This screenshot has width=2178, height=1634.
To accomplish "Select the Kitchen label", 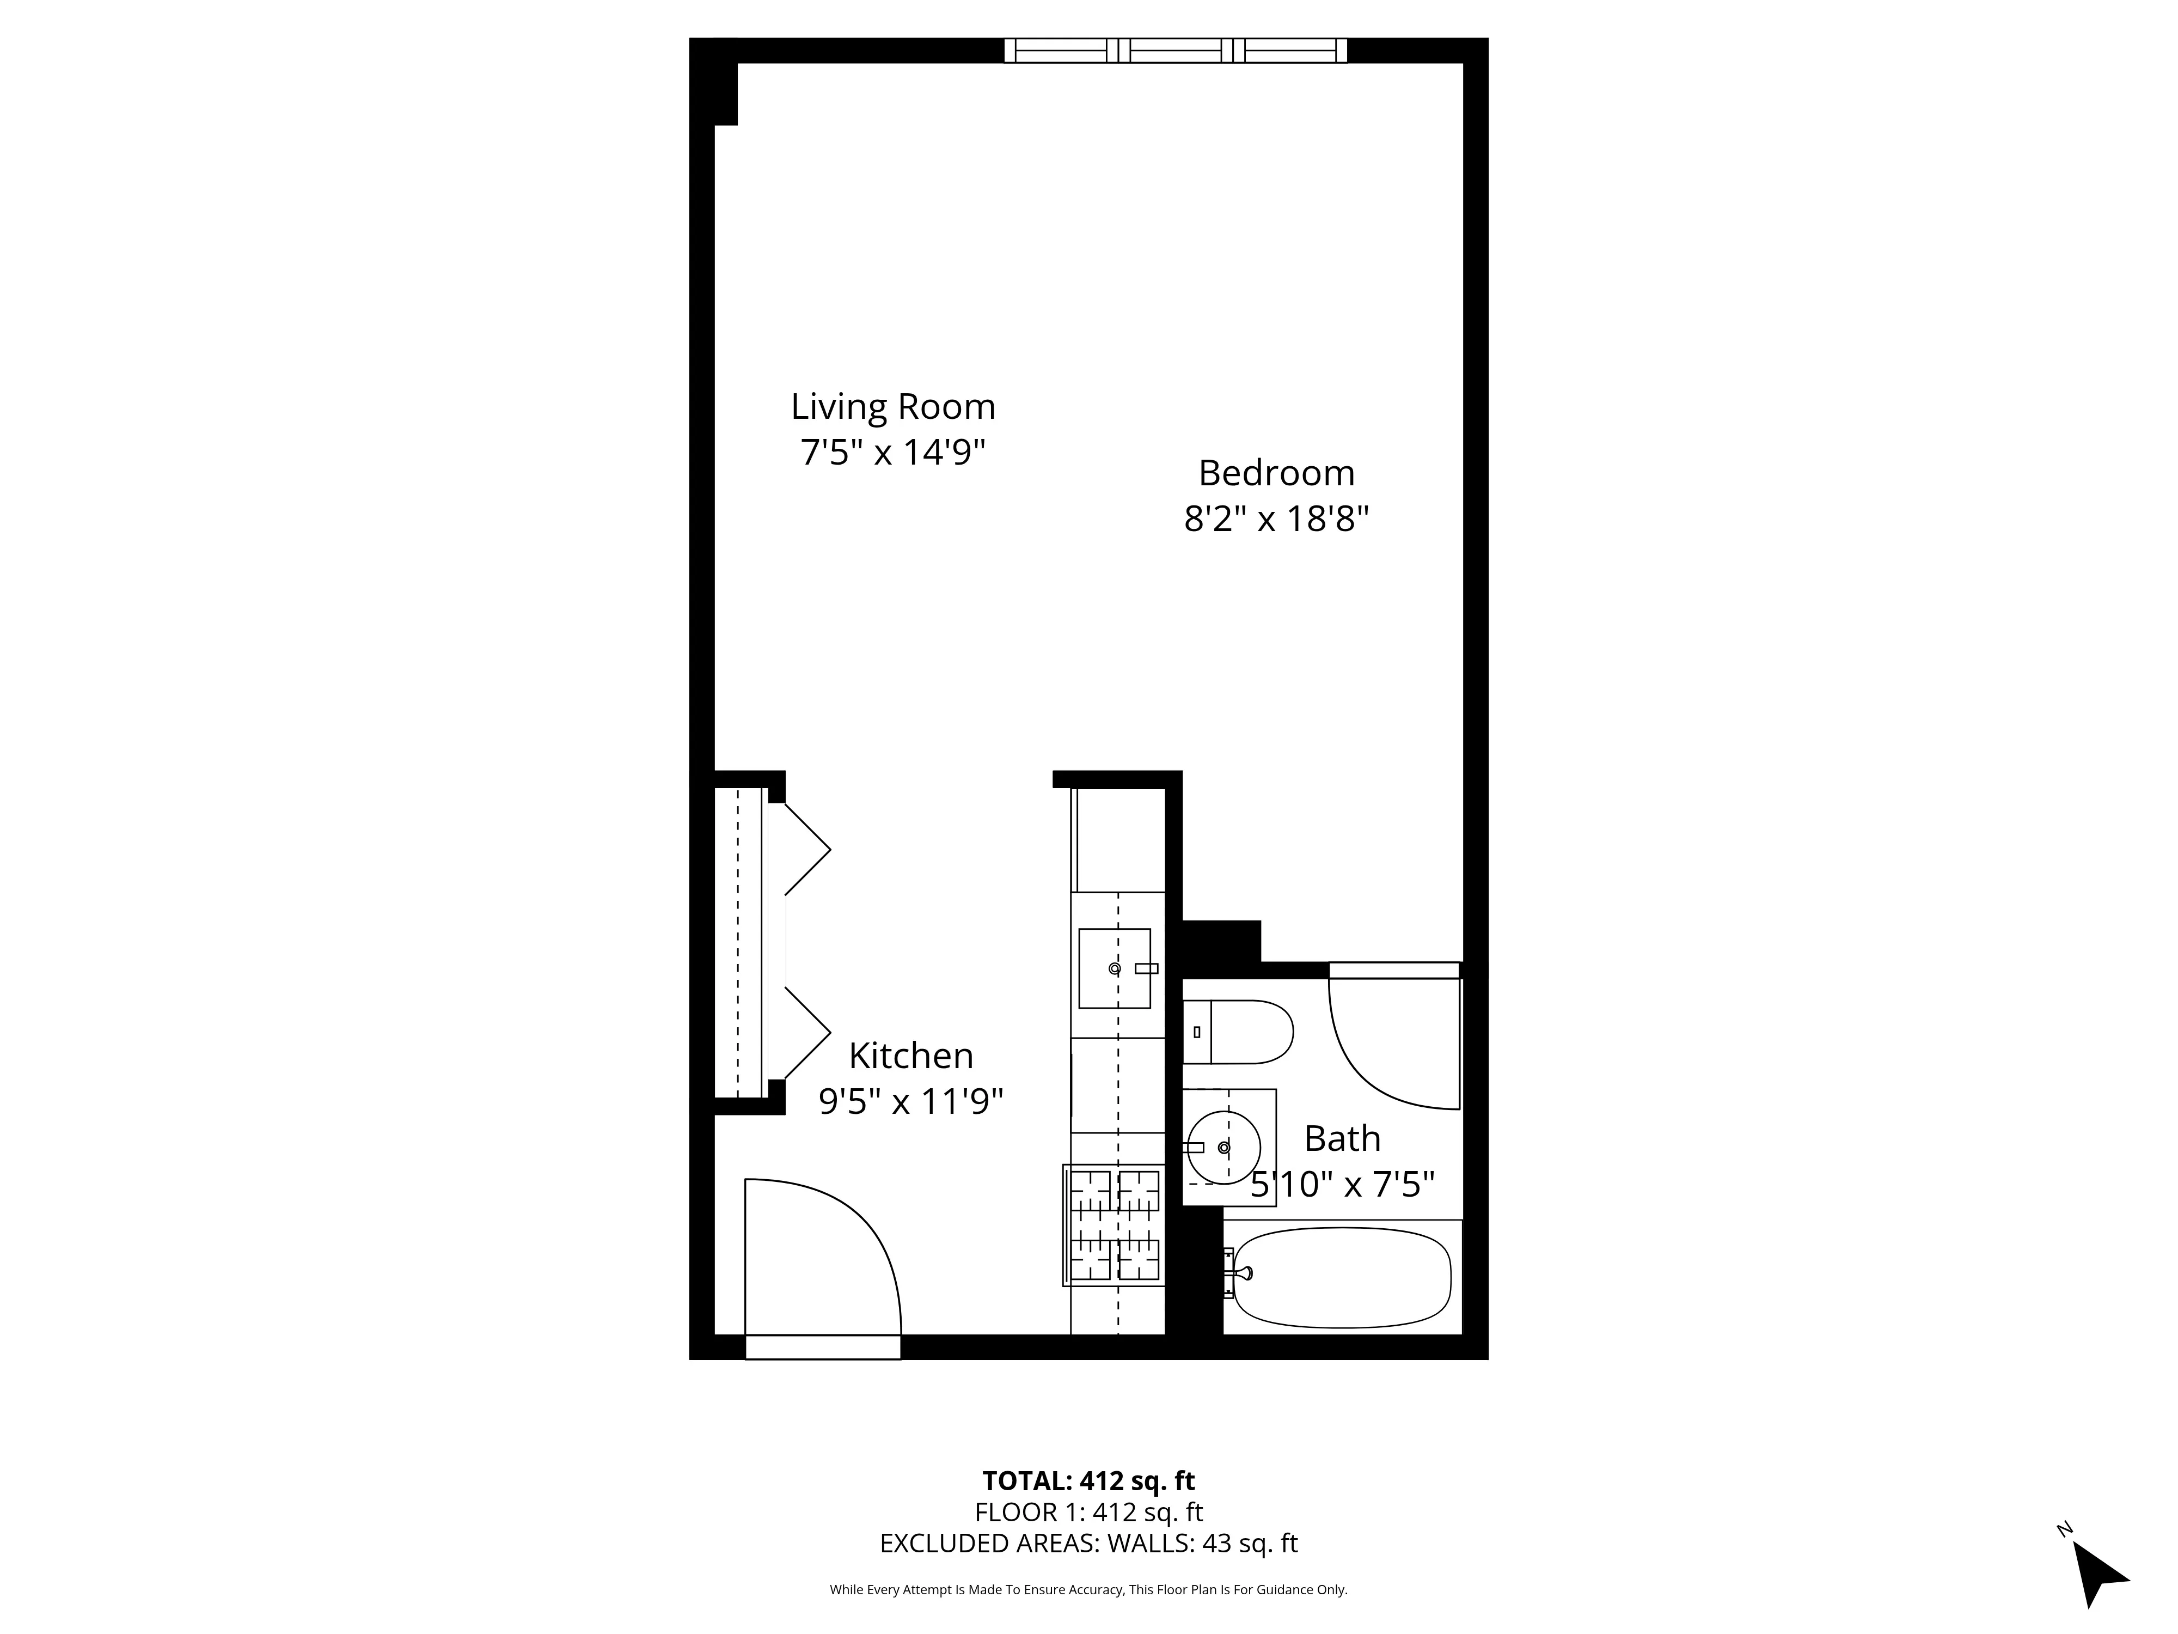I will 911,1056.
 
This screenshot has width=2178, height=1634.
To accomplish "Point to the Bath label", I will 1342,1138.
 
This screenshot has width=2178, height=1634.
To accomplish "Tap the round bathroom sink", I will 1223,1148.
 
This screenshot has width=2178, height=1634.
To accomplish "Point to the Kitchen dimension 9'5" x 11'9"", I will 911,1101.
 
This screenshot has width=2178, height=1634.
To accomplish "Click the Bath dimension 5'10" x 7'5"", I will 1342,1185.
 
